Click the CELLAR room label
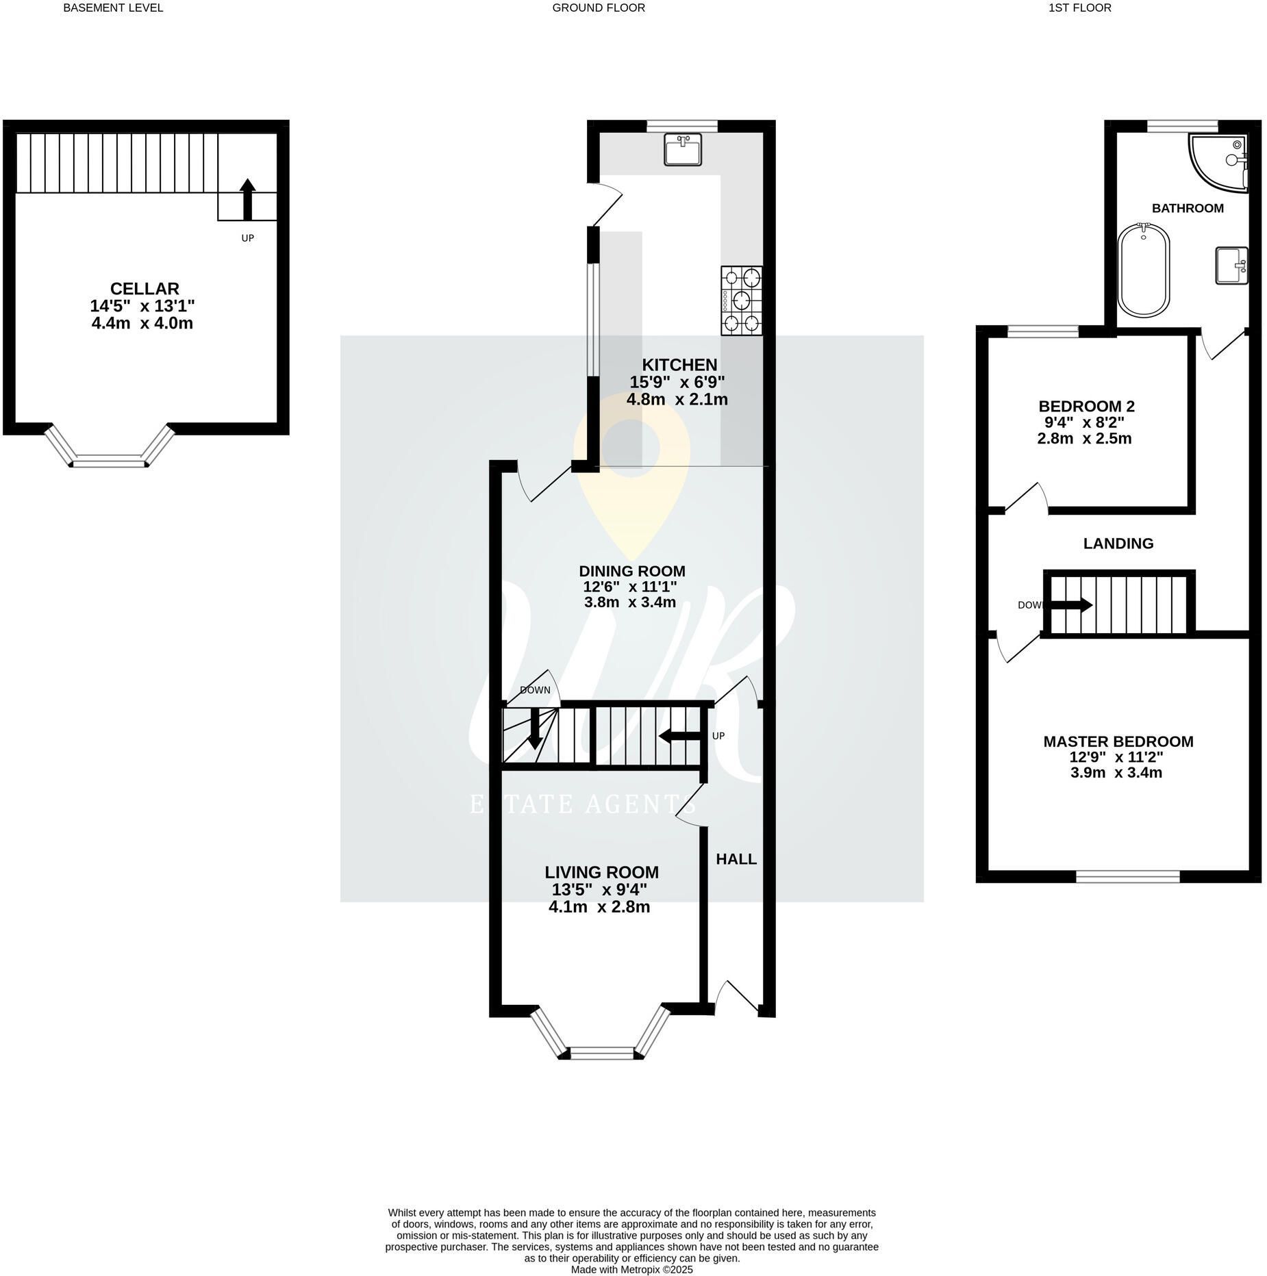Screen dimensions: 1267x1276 [x=145, y=289]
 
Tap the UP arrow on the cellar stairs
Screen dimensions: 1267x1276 [x=248, y=200]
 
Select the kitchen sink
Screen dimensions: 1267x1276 [x=683, y=149]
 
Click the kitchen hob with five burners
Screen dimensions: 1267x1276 [x=742, y=301]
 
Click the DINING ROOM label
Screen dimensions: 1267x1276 [x=632, y=571]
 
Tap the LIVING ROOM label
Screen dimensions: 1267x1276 [x=602, y=872]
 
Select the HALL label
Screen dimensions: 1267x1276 [x=736, y=858]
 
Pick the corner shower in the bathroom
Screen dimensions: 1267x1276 [x=1218, y=162]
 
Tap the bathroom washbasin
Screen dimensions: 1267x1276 [x=1231, y=265]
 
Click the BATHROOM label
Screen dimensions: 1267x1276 [x=1188, y=208]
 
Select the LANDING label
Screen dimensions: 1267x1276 [x=1118, y=544]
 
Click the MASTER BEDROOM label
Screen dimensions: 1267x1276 [x=1118, y=741]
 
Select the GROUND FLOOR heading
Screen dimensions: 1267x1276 [x=599, y=8]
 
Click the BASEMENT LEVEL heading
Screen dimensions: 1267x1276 [x=113, y=8]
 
